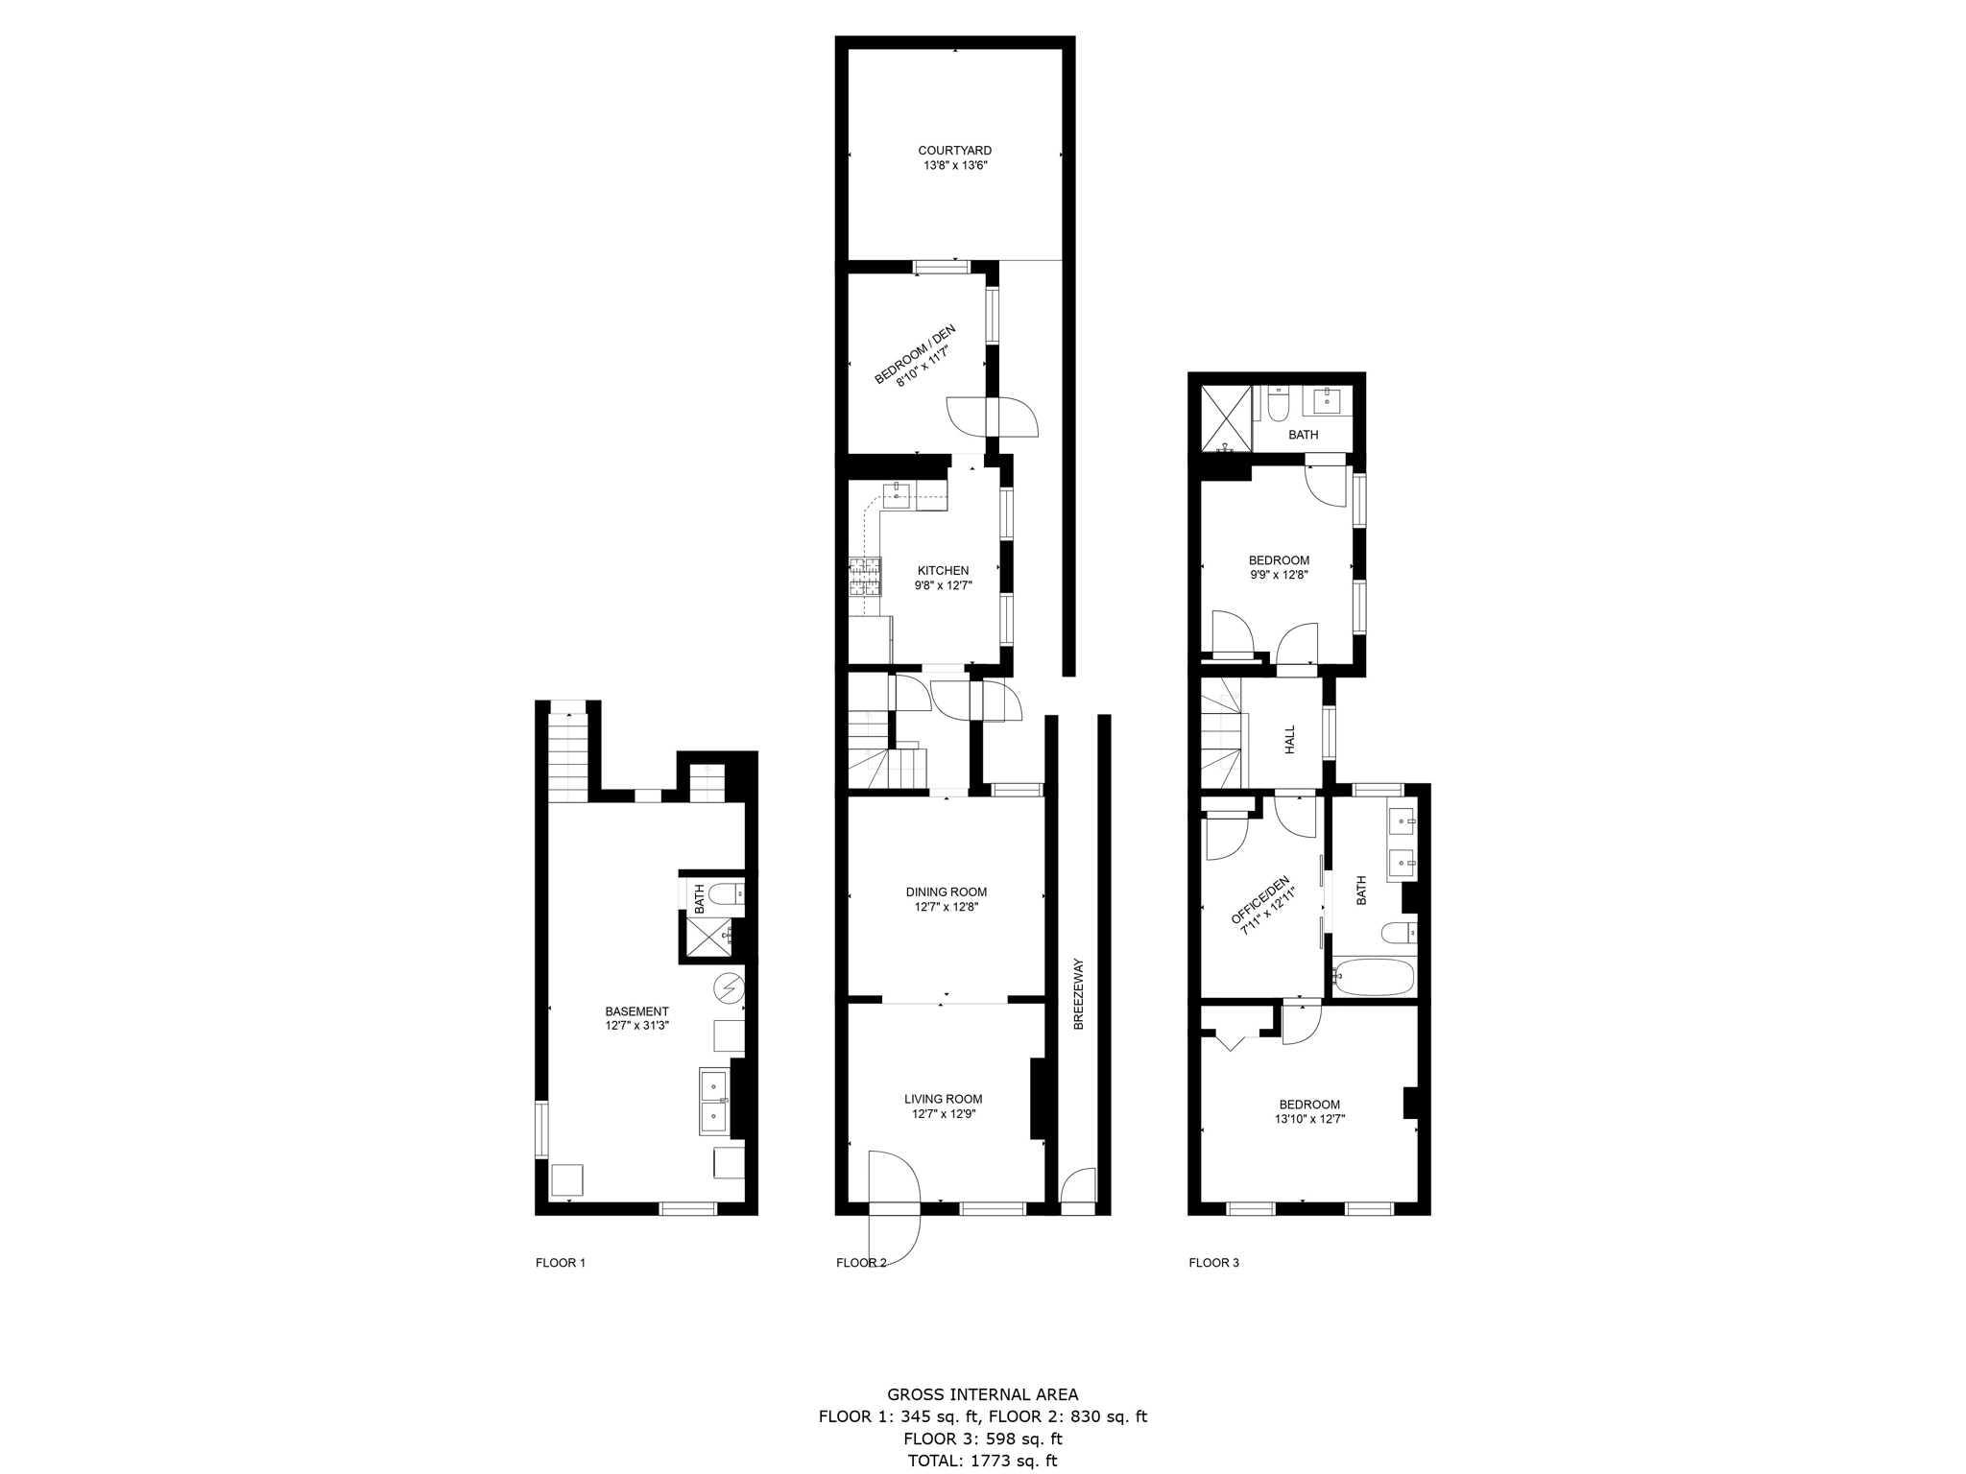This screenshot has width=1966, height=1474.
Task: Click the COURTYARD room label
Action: coord(954,151)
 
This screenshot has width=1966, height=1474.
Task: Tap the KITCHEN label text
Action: coord(943,571)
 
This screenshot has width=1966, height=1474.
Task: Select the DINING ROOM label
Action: coord(946,892)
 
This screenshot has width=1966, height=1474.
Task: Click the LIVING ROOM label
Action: coord(943,1100)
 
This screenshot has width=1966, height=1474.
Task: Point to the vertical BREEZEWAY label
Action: coord(1078,994)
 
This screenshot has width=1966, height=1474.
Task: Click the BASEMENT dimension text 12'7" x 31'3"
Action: coord(636,1026)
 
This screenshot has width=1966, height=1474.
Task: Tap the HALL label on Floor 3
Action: coord(1289,739)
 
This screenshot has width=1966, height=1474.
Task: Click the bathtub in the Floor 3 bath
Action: coord(1375,978)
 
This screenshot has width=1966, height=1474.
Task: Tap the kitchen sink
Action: coord(896,495)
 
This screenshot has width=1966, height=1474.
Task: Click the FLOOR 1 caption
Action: coord(560,1263)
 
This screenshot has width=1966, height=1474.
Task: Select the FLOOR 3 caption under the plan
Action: coord(1213,1263)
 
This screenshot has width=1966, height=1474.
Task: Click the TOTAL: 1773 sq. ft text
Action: coord(982,1461)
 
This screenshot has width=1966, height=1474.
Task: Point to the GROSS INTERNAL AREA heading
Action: coord(982,1394)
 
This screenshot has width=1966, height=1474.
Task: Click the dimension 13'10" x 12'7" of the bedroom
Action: coord(1309,1119)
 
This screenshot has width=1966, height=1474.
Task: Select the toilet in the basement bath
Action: coord(729,894)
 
